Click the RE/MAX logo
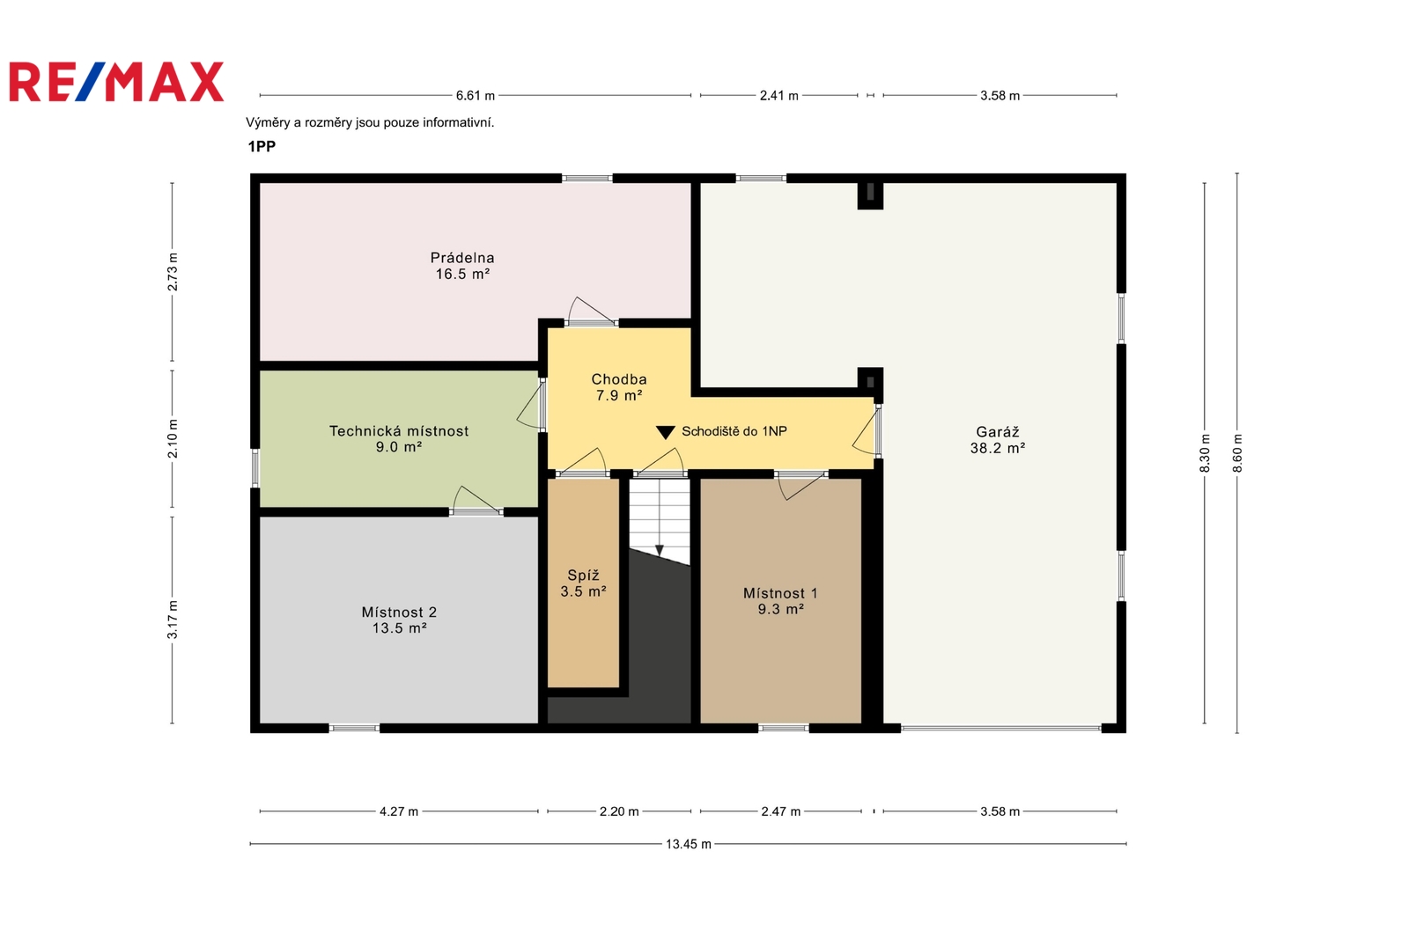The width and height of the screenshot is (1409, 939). (x=116, y=82)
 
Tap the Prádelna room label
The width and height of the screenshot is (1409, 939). (x=462, y=266)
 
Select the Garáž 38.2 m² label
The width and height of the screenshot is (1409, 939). (x=998, y=440)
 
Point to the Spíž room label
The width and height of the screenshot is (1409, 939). (x=583, y=583)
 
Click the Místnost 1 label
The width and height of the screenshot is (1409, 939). (x=780, y=601)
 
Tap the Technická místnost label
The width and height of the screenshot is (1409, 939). (x=399, y=439)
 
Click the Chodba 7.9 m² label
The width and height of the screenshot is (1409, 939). (x=619, y=387)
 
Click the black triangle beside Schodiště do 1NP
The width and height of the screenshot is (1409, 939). (x=666, y=432)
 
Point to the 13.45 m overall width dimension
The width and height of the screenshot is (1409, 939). (x=688, y=844)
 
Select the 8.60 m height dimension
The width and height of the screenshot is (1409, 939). (x=1237, y=453)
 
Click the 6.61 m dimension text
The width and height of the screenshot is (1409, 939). (x=476, y=96)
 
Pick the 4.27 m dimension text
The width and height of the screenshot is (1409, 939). (x=399, y=811)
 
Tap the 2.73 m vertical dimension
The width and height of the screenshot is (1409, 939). (x=173, y=272)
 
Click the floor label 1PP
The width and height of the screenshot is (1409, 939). (x=262, y=146)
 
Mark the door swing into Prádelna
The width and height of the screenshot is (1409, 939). (x=590, y=312)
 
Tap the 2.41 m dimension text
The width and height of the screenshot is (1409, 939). (x=778, y=96)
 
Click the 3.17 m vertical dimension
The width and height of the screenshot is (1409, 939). (x=173, y=620)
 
